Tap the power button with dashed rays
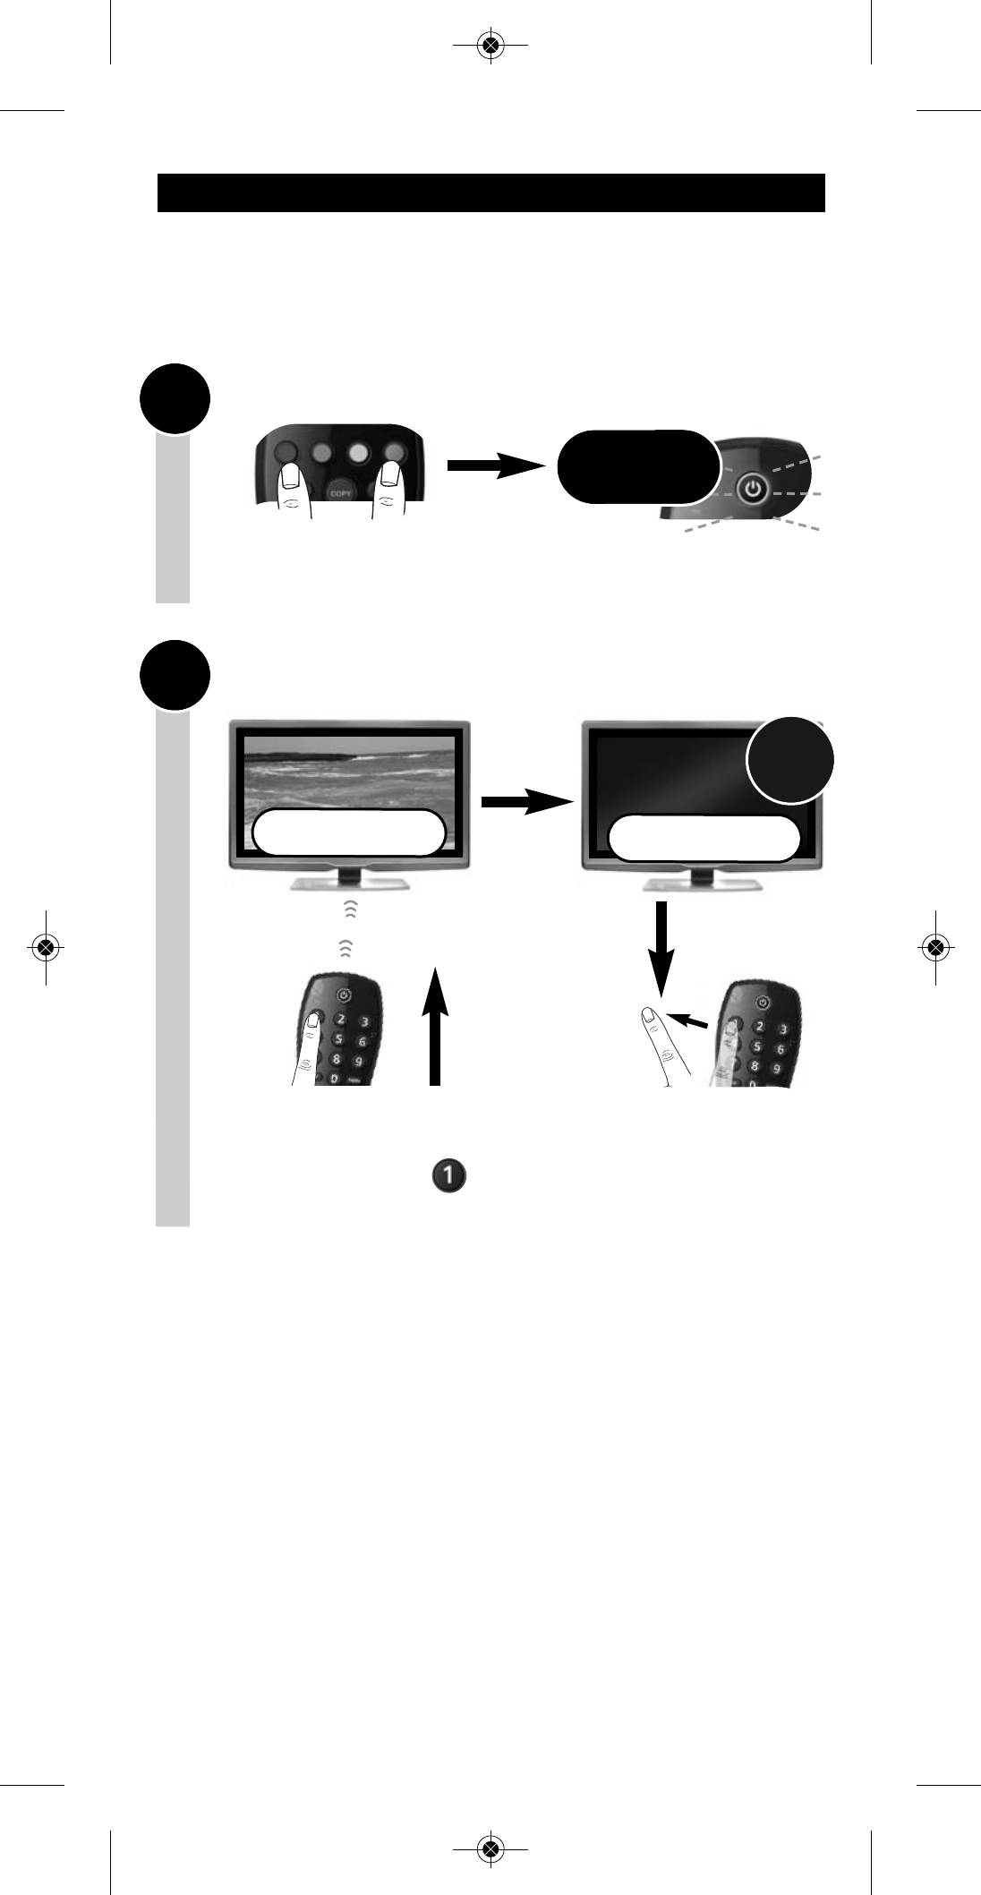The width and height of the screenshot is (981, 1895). [754, 489]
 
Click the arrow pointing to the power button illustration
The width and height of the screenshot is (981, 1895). [495, 465]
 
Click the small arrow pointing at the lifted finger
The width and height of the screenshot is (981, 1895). [693, 1020]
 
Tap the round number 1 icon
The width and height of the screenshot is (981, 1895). [448, 1176]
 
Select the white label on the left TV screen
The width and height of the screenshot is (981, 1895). [349, 832]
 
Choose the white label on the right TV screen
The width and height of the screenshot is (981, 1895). [704, 838]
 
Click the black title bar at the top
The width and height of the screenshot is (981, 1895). [490, 192]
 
